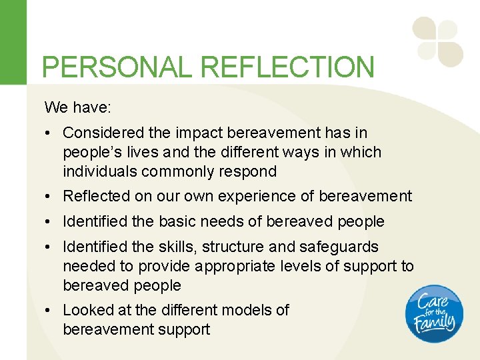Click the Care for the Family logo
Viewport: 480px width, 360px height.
pyautogui.click(x=432, y=313)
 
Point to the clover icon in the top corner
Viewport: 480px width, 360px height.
pyautogui.click(x=437, y=41)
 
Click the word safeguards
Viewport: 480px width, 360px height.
pyautogui.click(x=338, y=247)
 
